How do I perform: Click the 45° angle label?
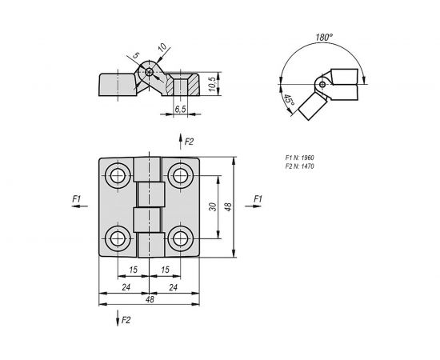pos(289,102)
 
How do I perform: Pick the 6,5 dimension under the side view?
pos(182,106)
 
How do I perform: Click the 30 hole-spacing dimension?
pos(211,206)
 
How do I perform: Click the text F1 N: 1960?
pos(302,158)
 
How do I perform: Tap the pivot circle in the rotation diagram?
pos(321,84)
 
